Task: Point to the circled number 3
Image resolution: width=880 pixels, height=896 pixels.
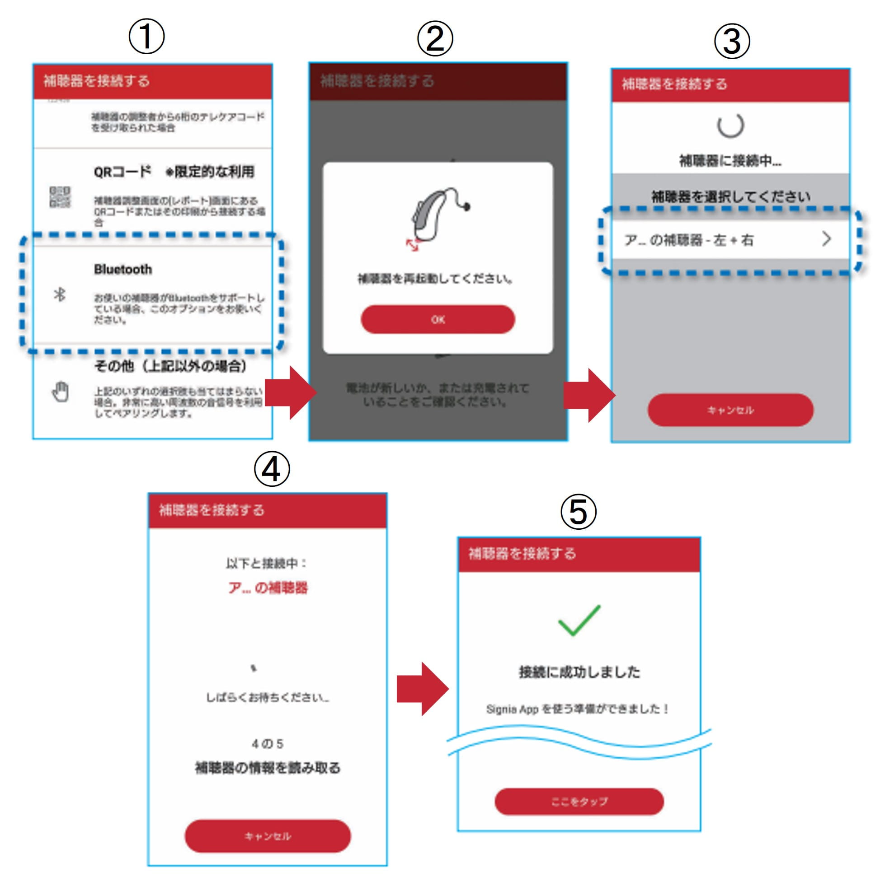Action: (x=732, y=42)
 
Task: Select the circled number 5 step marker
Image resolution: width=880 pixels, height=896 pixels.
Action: (x=578, y=512)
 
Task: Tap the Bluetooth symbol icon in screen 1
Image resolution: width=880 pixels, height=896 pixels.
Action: (x=60, y=294)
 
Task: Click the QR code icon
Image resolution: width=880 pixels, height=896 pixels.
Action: (x=60, y=197)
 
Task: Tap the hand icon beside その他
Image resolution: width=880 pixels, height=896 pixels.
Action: (x=61, y=392)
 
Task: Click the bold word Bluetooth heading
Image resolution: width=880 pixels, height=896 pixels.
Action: (x=123, y=269)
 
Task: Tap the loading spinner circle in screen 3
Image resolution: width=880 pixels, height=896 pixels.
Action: (x=730, y=125)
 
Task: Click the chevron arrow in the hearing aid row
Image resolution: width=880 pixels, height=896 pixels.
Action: (x=826, y=239)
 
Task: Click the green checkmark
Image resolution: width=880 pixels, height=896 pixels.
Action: (x=579, y=620)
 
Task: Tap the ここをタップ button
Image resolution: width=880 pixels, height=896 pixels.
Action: (x=579, y=801)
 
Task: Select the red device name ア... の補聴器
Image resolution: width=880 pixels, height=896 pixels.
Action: (x=268, y=588)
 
